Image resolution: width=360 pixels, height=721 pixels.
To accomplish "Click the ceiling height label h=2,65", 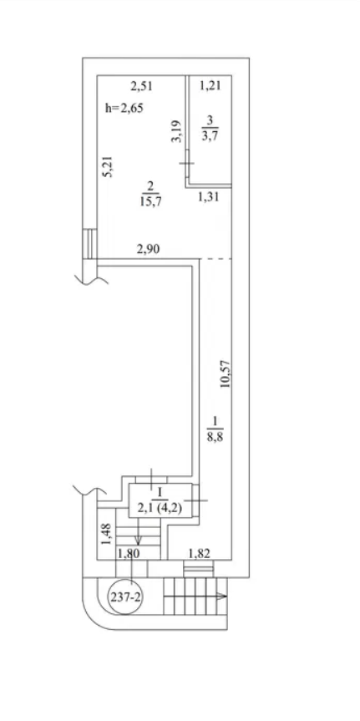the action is [124, 109].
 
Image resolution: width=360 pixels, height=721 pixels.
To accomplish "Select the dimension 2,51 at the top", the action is [141, 85].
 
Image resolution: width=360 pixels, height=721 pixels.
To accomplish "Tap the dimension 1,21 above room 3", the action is [211, 85].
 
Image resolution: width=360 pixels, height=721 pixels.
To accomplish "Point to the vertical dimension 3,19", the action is [178, 131].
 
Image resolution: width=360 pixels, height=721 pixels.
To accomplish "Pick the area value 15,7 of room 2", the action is [151, 201].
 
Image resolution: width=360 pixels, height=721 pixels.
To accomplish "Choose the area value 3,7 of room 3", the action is [210, 135].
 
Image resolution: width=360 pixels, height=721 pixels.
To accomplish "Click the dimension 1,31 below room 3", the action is [208, 197].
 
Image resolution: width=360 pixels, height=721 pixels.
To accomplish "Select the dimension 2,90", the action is [148, 250].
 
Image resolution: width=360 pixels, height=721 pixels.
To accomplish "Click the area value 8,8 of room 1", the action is [215, 434].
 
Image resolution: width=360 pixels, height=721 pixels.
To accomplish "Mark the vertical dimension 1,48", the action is [107, 534].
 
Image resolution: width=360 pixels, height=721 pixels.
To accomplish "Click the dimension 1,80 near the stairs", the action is [129, 554].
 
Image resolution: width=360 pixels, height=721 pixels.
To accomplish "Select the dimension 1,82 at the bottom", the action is [199, 553].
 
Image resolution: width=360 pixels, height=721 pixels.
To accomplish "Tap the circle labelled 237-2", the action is [126, 597].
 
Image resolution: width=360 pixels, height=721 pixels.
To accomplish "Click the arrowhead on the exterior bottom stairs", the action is [222, 597].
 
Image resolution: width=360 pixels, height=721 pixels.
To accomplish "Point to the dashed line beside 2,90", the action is [215, 259].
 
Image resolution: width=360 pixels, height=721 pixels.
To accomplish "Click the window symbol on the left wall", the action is [90, 244].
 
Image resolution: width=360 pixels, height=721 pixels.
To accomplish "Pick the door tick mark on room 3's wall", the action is [186, 163].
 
